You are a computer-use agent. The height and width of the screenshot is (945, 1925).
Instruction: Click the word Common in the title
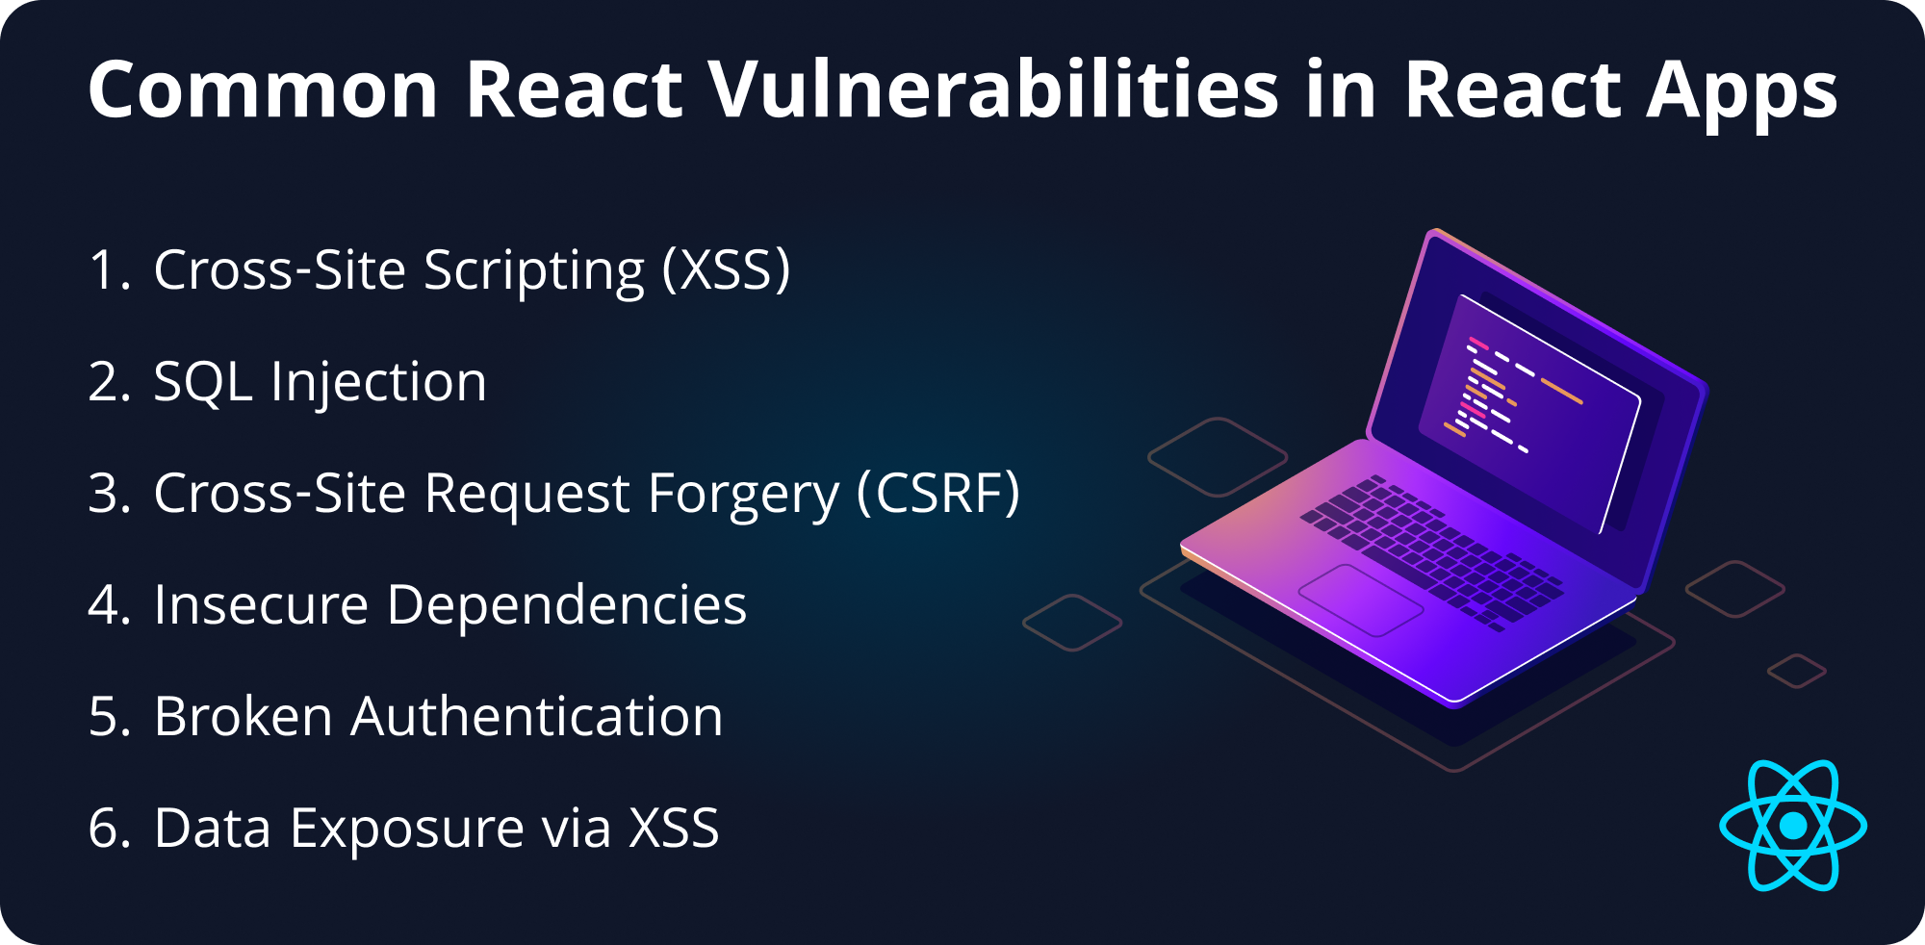263,90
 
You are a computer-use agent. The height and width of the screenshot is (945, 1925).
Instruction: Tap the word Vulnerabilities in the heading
994,90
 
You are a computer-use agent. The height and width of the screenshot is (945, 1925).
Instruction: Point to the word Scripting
534,271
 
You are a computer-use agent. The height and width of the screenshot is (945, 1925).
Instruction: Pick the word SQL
203,382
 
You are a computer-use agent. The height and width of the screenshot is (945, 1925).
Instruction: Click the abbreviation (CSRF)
937,494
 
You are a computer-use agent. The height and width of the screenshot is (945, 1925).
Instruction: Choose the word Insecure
261,605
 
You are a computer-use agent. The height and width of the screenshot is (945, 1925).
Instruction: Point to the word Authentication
536,717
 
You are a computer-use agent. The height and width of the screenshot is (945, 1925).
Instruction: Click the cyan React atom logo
1792,826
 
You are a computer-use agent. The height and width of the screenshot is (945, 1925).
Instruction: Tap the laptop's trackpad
1360,600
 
